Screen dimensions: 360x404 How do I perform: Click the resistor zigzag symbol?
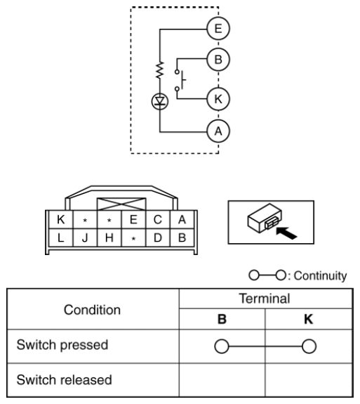[x=160, y=70]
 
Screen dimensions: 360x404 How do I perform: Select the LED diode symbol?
[x=160, y=101]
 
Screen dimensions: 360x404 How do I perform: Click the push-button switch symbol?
[x=180, y=80]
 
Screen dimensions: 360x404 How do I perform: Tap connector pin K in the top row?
[x=61, y=219]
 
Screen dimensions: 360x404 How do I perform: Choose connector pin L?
[x=61, y=237]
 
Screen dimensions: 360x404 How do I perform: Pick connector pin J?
[x=85, y=237]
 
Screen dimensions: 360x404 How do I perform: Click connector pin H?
[x=109, y=237]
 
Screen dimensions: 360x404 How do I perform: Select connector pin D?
[x=157, y=237]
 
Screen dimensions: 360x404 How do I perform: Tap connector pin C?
[x=157, y=219]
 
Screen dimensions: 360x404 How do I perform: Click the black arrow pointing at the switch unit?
[x=286, y=233]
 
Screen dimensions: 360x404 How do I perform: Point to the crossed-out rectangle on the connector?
[x=121, y=204]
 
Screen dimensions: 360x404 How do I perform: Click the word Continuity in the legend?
[x=320, y=275]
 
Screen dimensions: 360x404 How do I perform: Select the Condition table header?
[x=92, y=310]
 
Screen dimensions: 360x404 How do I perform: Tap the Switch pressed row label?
[x=62, y=345]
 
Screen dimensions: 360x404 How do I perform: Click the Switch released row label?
[x=64, y=379]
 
